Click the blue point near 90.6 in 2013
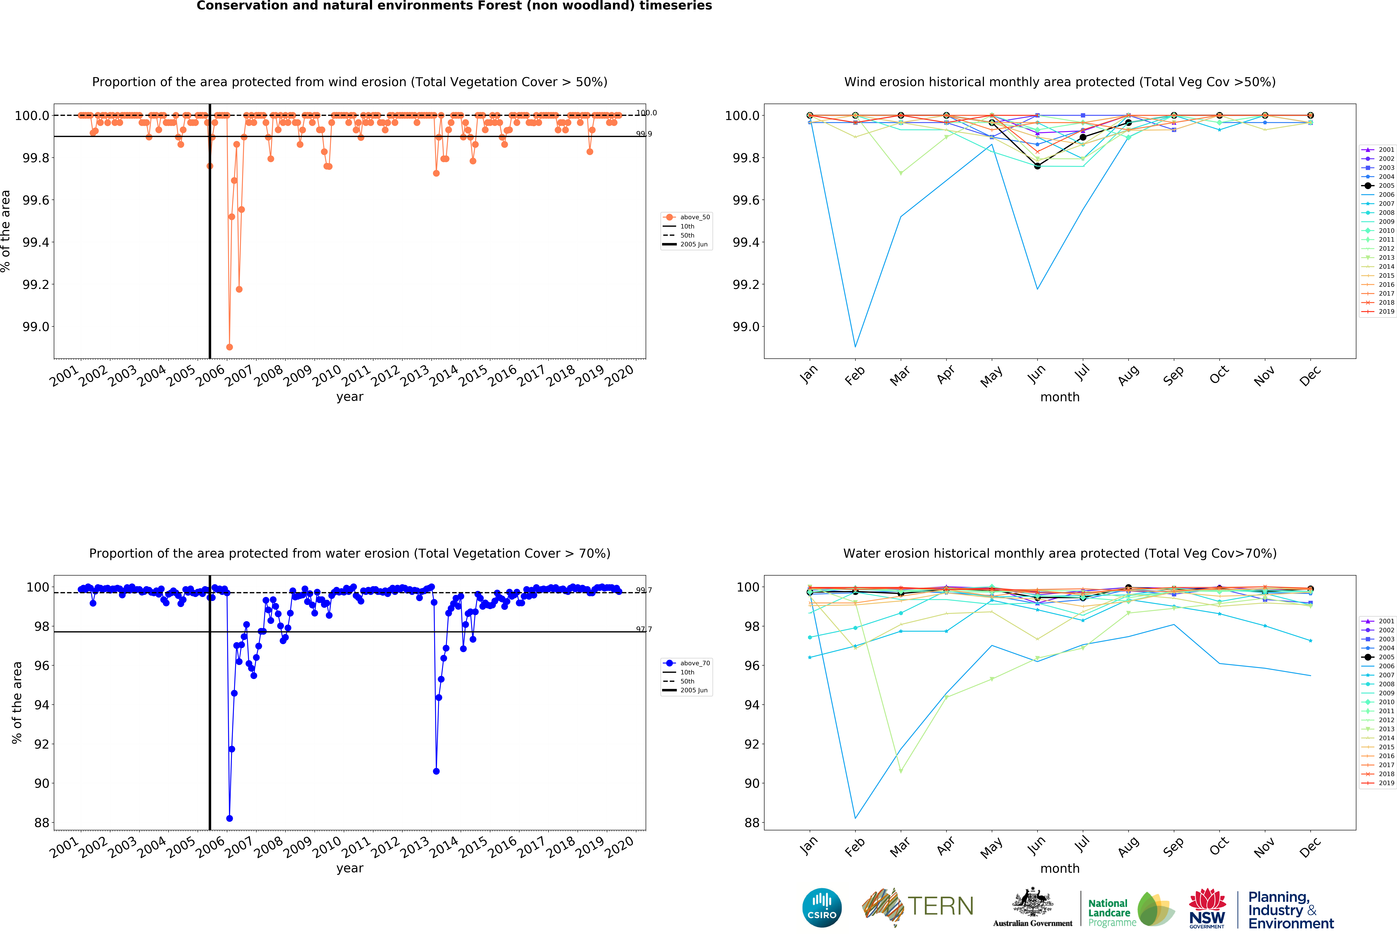point(436,771)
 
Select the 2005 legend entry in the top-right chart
point(1381,186)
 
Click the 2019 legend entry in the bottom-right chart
point(1381,783)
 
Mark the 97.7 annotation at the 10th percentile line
point(644,629)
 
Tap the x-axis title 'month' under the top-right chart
point(1060,397)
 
